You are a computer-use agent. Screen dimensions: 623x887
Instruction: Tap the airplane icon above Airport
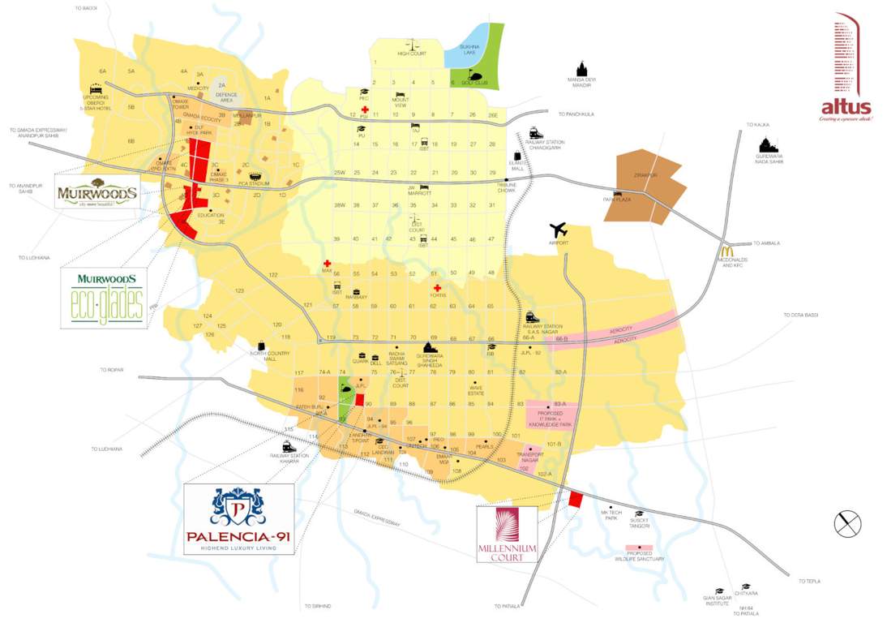pyautogui.click(x=559, y=230)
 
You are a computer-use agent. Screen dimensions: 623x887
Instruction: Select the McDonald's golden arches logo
pyautogui.click(x=726, y=252)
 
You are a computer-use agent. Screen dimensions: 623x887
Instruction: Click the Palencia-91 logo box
pyautogui.click(x=238, y=518)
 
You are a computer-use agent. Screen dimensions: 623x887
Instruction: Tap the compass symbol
pyautogui.click(x=848, y=523)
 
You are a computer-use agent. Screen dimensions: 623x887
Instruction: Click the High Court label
pyautogui.click(x=411, y=54)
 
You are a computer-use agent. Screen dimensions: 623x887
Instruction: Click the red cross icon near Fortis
pyautogui.click(x=437, y=288)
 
